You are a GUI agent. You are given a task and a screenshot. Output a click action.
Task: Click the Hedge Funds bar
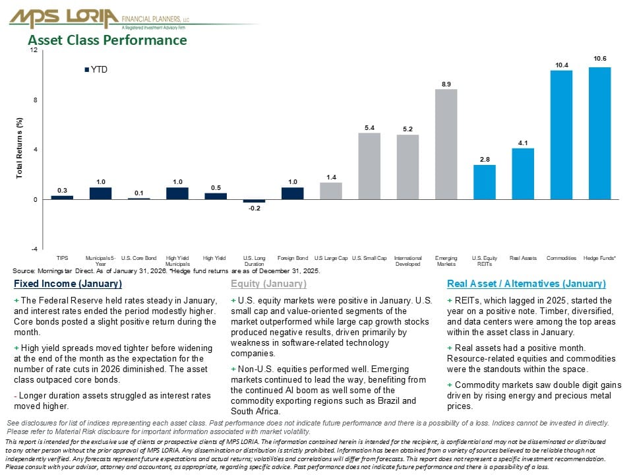tap(599, 133)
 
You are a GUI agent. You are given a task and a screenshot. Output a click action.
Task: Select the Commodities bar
tap(561, 135)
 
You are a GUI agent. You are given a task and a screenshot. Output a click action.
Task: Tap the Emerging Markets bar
tap(446, 144)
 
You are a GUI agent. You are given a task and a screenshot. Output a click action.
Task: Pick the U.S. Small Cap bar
tap(369, 166)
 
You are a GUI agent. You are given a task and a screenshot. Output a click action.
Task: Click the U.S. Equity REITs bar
tap(485, 181)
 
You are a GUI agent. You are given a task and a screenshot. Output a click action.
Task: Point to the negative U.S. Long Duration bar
tap(254, 201)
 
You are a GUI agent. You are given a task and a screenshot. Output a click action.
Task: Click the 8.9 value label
tap(446, 84)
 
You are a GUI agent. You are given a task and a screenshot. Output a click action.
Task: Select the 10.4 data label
tap(561, 65)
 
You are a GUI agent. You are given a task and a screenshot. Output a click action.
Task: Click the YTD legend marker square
tap(86, 69)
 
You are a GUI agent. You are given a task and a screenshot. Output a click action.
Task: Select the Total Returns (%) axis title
tap(20, 149)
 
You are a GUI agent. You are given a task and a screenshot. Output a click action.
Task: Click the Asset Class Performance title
tap(107, 40)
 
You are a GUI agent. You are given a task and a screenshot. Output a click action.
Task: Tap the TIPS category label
tap(62, 258)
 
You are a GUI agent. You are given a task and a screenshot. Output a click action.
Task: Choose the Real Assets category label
tap(523, 258)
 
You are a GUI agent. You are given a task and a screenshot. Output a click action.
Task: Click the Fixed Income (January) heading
tap(67, 284)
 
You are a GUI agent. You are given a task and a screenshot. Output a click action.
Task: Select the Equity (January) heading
tap(268, 284)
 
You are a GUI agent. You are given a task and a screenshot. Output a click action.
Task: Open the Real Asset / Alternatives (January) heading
tap(526, 284)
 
